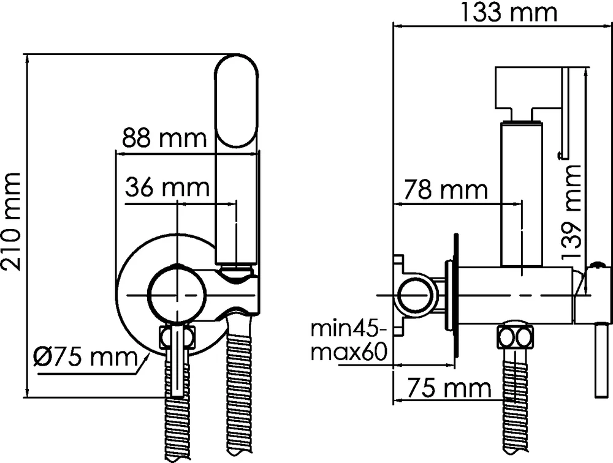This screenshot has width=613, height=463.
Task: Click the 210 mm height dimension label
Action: pos(13,222)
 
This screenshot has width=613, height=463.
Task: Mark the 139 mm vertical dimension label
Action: pos(571,212)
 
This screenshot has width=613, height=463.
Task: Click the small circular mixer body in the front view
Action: pos(176,295)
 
